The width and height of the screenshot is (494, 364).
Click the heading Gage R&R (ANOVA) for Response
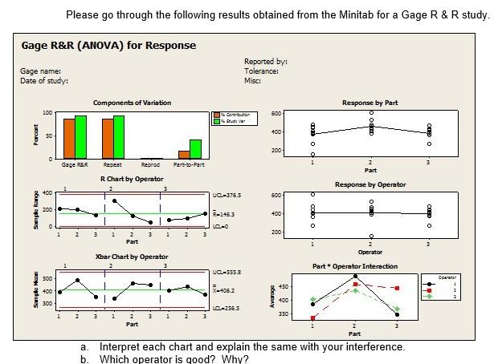click(x=109, y=45)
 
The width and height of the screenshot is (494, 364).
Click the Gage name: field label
click(x=41, y=72)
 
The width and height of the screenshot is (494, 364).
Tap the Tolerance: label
click(x=261, y=71)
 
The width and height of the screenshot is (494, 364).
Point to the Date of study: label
click(x=45, y=81)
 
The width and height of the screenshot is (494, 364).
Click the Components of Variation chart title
click(x=133, y=103)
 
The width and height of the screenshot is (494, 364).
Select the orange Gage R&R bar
click(x=68, y=138)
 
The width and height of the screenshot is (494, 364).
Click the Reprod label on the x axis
click(x=150, y=164)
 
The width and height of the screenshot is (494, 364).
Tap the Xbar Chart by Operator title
click(x=133, y=257)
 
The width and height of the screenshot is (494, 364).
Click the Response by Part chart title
click(x=369, y=103)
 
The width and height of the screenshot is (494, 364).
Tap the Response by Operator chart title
click(x=369, y=184)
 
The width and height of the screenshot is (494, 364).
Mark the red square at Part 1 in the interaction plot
click(x=313, y=318)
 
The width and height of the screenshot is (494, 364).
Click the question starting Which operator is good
click(x=174, y=358)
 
